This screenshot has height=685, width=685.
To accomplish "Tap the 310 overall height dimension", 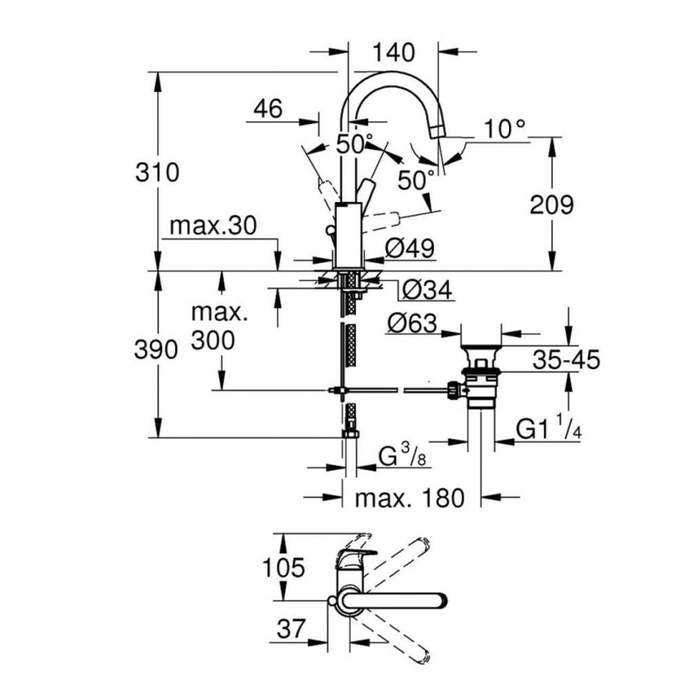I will coord(158,172).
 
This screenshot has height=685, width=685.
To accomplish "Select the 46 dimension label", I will coord(268,109).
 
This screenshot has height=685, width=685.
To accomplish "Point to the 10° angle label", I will coord(505,129).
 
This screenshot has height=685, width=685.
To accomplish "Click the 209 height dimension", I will coord(550,205).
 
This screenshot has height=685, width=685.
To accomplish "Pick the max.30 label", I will coord(213,227).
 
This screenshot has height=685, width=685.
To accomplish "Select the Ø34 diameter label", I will coord(427,290).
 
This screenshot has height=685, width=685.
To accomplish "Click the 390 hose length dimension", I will coord(158,350).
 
